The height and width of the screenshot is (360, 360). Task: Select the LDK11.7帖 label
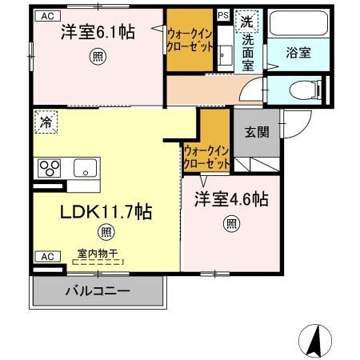pos(106,212)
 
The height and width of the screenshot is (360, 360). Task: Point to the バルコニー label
pos(98,291)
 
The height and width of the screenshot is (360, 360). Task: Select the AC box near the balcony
pos(46,257)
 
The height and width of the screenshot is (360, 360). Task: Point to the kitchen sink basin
pos(85,169)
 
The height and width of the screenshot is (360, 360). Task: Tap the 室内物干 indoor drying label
pos(94,254)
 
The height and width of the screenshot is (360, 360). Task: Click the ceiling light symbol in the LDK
pos(106,233)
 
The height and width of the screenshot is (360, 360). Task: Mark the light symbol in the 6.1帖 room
pos(97,56)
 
